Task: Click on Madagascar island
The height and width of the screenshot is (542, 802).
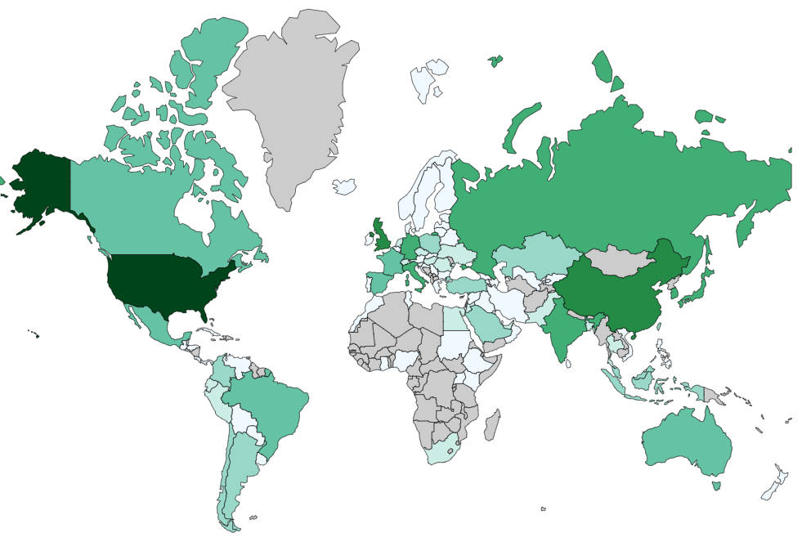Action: click(491, 425)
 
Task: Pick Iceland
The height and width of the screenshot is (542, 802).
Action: click(344, 186)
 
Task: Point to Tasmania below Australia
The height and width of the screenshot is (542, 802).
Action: click(716, 486)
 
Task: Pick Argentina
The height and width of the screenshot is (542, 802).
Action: click(237, 474)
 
